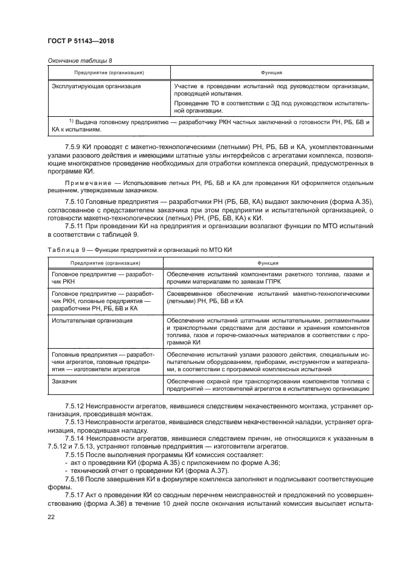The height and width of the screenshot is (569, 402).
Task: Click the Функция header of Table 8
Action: click(x=271, y=73)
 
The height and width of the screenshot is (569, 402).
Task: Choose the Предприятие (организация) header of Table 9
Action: click(x=105, y=263)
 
